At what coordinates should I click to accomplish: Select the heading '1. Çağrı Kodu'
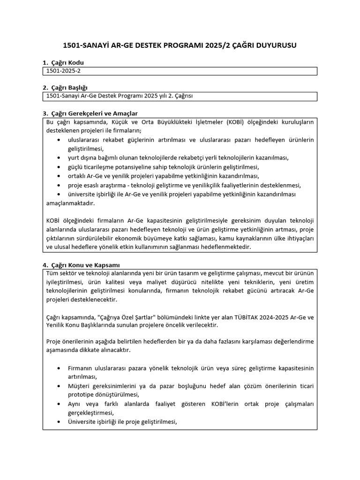63,63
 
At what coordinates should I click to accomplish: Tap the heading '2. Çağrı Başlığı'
65,88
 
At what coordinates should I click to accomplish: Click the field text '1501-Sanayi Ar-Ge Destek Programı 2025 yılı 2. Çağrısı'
120,96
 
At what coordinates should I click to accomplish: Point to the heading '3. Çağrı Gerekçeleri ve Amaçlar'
90,113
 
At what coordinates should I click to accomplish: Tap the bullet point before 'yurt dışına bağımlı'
58,158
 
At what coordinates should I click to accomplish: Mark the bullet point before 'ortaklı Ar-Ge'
58,176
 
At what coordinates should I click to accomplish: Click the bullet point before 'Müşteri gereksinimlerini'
58,385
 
